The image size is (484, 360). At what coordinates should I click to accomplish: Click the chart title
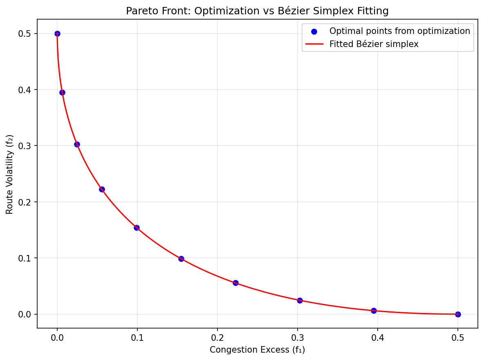tap(257, 11)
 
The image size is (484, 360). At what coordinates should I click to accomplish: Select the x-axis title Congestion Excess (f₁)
tap(257, 350)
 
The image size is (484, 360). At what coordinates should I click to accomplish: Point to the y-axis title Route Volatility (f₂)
tap(9, 174)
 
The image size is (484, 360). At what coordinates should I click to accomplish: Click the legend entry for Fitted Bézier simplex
tap(374, 44)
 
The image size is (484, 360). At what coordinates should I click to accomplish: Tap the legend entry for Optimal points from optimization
tap(399, 31)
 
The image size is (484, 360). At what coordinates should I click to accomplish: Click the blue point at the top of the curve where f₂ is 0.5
tap(57, 34)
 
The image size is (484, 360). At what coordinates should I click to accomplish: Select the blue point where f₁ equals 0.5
tap(458, 314)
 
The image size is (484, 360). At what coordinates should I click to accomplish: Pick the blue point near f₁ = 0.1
tap(137, 228)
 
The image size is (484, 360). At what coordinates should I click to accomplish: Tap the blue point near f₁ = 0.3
tap(300, 300)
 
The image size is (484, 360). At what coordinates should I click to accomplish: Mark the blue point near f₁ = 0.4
tap(374, 311)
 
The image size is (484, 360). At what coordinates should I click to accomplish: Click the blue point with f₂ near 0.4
tap(62, 92)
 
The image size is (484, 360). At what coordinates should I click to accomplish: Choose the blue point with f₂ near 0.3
tap(77, 144)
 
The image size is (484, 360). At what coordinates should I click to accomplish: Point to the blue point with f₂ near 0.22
tap(102, 189)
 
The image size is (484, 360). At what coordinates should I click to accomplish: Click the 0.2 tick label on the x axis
tap(217, 338)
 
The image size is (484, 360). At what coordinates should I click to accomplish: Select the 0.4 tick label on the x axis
tap(378, 338)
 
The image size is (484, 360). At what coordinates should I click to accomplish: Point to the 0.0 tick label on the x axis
tap(57, 338)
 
